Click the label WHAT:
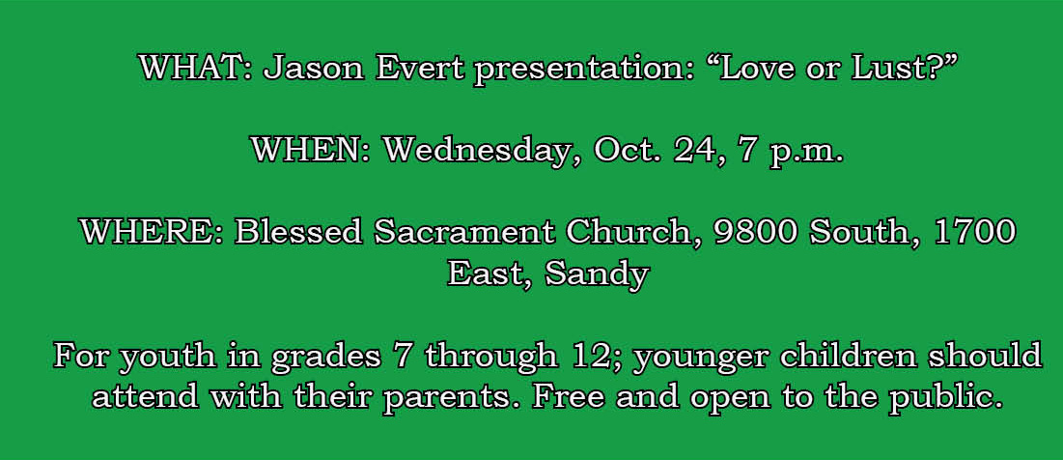(196, 68)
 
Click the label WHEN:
(311, 150)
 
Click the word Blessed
(298, 233)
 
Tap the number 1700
(975, 233)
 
